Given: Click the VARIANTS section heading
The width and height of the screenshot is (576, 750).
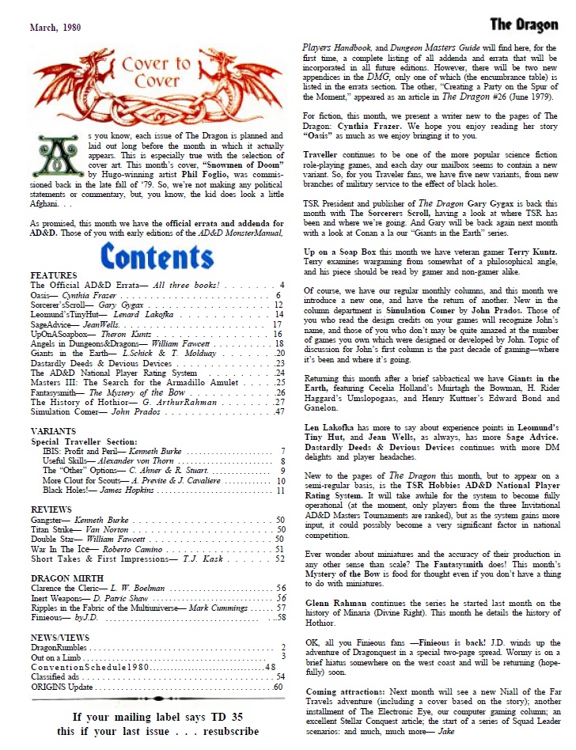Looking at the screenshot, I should pyautogui.click(x=55, y=430).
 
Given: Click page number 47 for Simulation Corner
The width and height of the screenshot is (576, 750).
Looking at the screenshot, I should pyautogui.click(x=279, y=411).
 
